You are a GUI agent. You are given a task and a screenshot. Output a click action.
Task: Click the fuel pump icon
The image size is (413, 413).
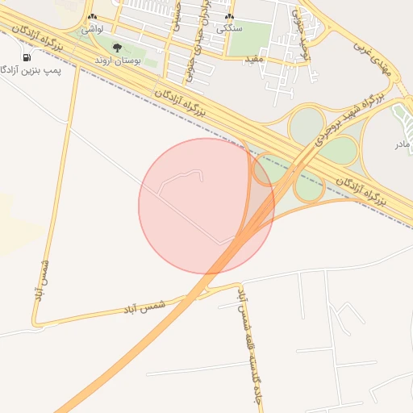tap(27, 57)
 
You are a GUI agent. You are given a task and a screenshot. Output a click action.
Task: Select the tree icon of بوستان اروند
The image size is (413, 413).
tap(118, 49)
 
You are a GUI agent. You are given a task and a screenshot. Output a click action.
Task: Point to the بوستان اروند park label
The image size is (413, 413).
tap(119, 60)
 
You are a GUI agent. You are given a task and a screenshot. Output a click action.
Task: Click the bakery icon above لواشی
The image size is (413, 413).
tap(92, 18)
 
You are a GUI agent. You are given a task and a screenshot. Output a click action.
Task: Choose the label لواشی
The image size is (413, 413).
tap(92, 28)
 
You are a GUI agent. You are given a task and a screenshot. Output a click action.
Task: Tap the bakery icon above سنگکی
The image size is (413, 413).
tap(230, 18)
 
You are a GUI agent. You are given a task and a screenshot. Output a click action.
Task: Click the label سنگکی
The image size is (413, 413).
tap(230, 28)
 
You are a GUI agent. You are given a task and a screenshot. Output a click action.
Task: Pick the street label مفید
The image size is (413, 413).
tap(253, 60)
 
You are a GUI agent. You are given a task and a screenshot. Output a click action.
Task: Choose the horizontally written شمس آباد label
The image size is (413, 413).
tap(145, 307)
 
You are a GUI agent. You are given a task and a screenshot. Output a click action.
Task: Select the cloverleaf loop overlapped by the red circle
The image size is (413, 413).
tap(264, 170)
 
